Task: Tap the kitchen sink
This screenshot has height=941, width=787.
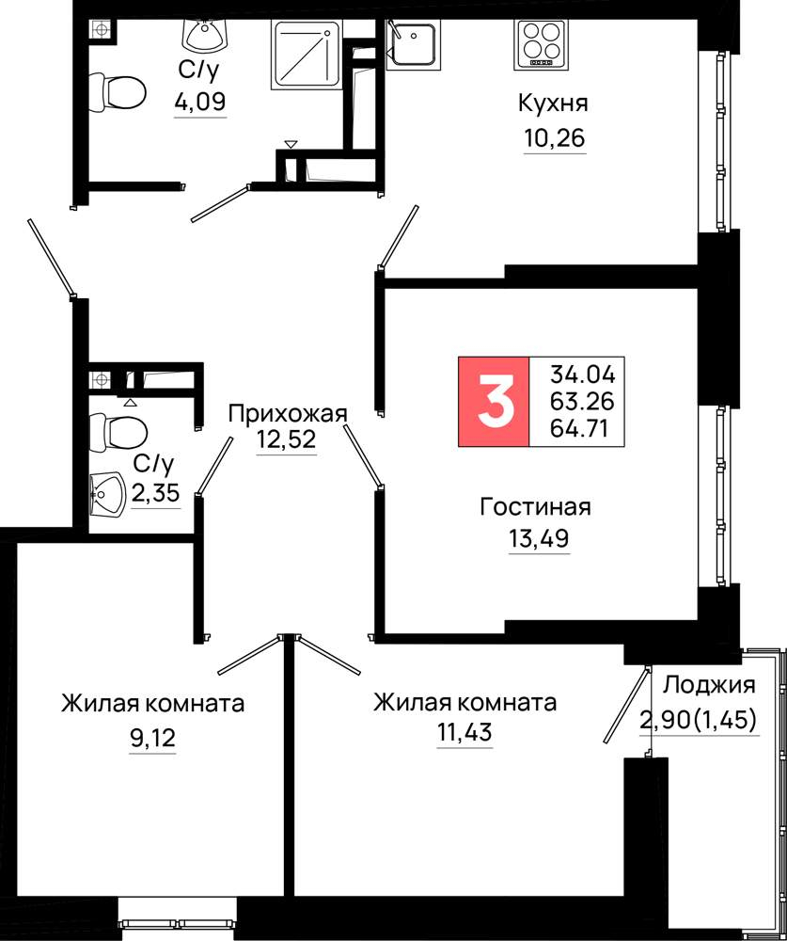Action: tap(413, 44)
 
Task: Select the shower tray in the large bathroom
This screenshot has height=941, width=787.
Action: tap(306, 55)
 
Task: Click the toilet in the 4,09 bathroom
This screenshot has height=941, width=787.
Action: tap(118, 93)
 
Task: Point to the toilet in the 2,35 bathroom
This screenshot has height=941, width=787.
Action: tap(118, 431)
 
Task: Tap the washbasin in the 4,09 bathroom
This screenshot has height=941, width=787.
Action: tap(206, 36)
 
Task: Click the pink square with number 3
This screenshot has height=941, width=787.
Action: tap(494, 402)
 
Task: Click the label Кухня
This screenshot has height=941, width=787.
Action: tap(553, 104)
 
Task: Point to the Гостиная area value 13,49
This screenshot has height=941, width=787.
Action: tap(539, 539)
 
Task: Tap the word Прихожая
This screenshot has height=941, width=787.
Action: tap(288, 413)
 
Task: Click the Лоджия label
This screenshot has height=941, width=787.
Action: tap(711, 685)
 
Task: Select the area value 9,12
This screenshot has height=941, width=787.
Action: tap(153, 736)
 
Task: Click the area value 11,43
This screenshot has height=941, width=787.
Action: tap(464, 732)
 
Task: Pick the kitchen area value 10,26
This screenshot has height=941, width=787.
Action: tap(554, 138)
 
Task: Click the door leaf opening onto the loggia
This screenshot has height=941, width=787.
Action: tap(626, 705)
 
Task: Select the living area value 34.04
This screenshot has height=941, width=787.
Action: tap(583, 375)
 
